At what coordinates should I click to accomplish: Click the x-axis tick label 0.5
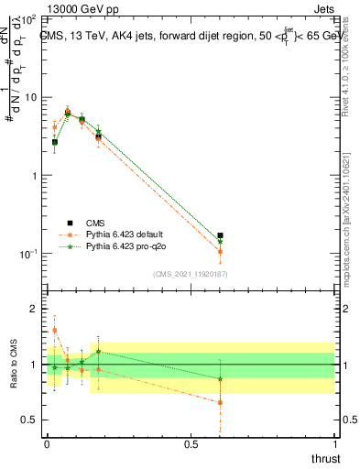191,445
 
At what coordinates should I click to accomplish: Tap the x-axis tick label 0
47,445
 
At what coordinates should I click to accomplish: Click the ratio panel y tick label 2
35,310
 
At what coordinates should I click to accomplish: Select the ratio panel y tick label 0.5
31,420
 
